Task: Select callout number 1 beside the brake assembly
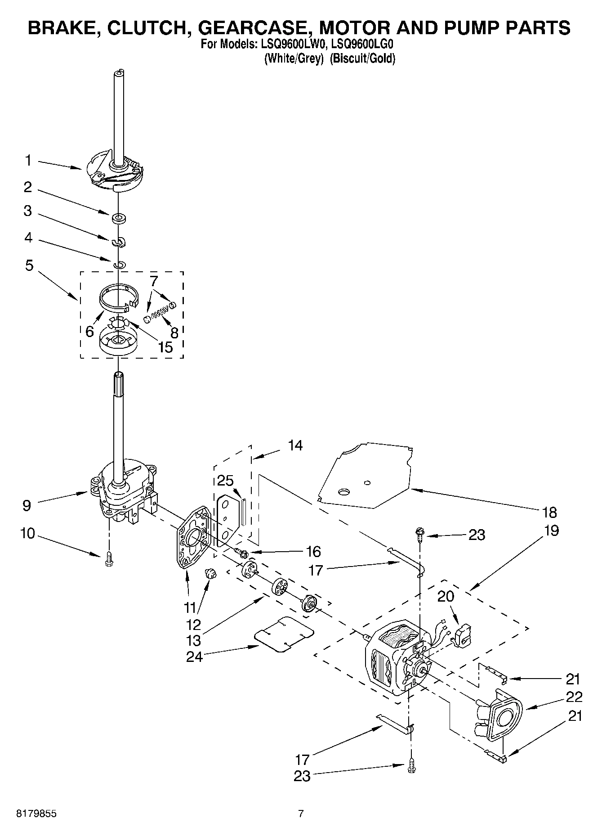click(28, 160)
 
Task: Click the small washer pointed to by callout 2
click(119, 219)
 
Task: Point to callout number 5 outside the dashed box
click(29, 265)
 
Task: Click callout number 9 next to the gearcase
click(27, 505)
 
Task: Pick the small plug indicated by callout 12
click(210, 573)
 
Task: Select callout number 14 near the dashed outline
click(295, 445)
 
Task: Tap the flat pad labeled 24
click(285, 634)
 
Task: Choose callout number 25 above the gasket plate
click(225, 480)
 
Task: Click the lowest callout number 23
click(302, 776)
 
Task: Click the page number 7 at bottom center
click(301, 814)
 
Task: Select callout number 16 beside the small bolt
click(313, 551)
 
